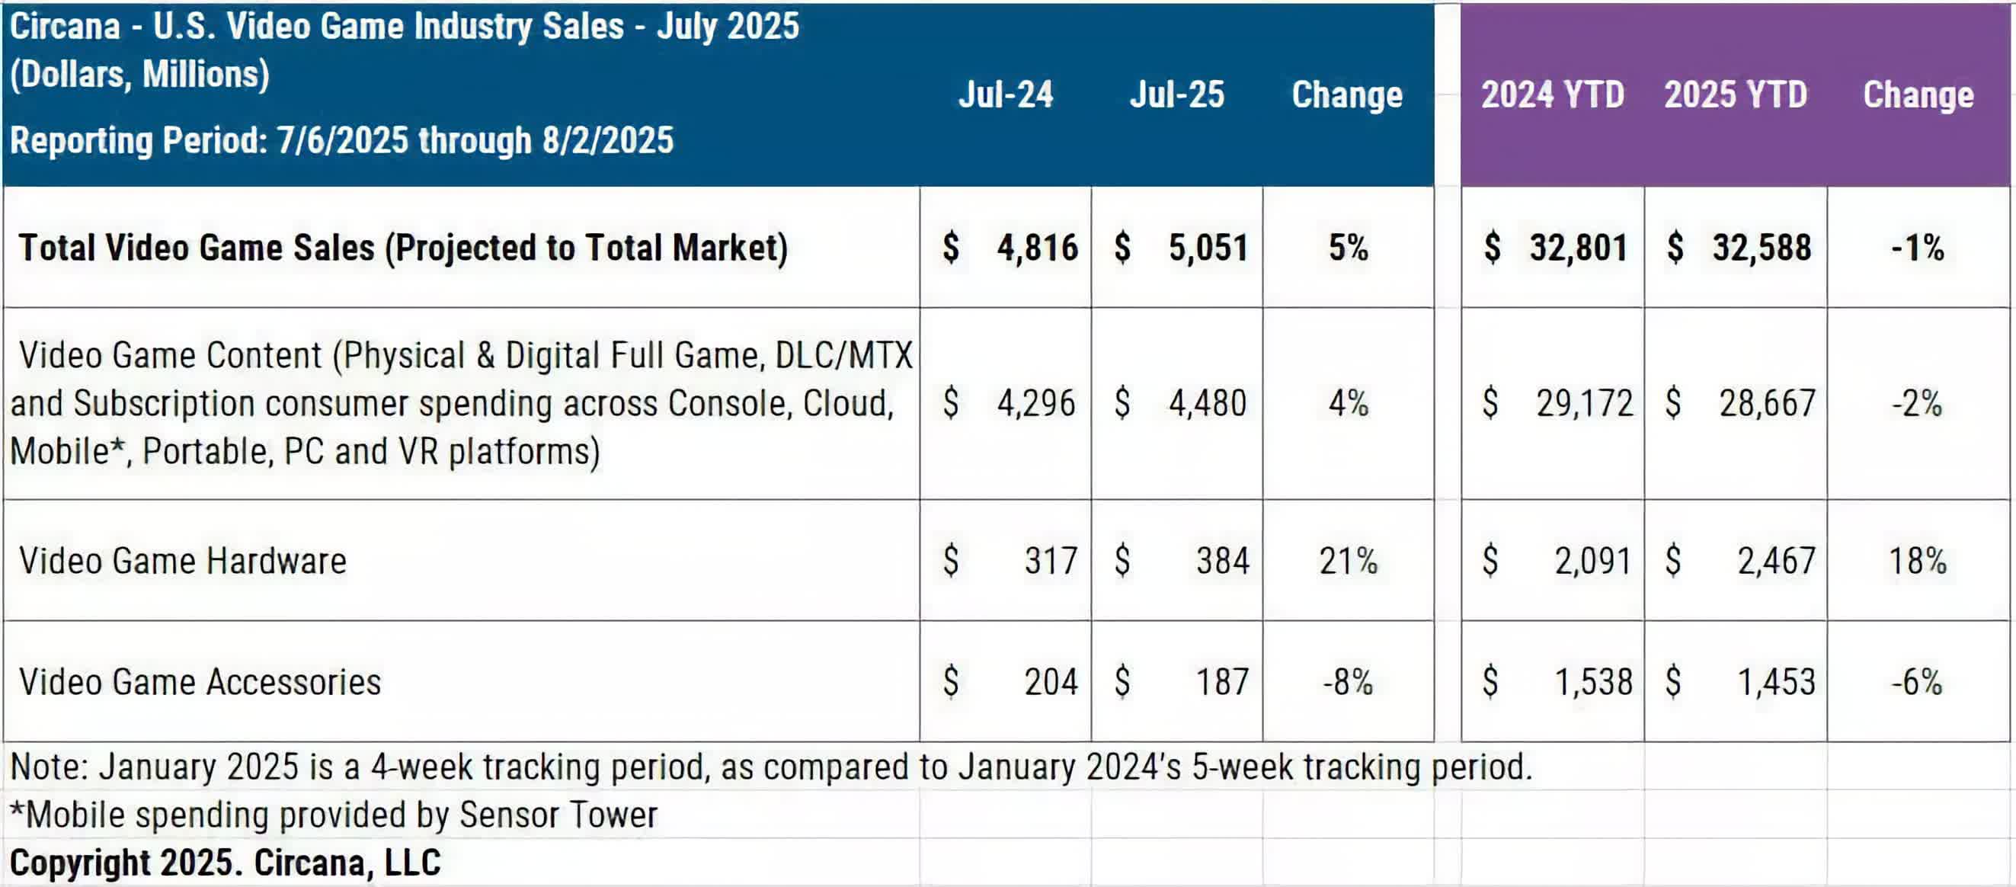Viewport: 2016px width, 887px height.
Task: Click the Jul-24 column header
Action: coord(1006,94)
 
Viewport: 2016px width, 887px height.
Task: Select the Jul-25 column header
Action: coord(1176,94)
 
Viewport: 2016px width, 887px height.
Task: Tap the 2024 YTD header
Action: coord(1552,94)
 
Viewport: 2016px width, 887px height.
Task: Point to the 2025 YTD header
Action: coord(1735,94)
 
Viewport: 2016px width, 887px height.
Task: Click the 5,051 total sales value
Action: coord(1208,248)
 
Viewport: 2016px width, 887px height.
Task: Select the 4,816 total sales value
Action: coord(1036,248)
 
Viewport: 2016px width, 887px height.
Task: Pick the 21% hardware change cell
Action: coord(1348,561)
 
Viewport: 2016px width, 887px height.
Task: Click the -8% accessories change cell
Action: coord(1348,682)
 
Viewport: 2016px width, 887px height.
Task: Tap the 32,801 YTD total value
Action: coord(1578,248)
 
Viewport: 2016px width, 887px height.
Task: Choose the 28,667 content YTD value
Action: coord(1766,403)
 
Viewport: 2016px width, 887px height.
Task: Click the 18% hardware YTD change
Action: coord(1918,561)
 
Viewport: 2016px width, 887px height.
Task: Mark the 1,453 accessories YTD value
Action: coord(1776,682)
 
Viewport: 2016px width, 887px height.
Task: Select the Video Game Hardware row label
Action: coord(182,561)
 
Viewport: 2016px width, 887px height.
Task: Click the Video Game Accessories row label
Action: coord(200,682)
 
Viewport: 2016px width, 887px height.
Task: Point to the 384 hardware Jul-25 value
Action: coord(1221,561)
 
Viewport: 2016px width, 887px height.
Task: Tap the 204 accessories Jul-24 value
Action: coord(1050,682)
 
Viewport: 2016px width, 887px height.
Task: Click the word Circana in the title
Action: coord(65,27)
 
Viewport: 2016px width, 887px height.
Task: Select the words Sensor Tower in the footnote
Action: coord(558,815)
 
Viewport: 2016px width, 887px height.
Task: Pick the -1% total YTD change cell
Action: coord(1918,248)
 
